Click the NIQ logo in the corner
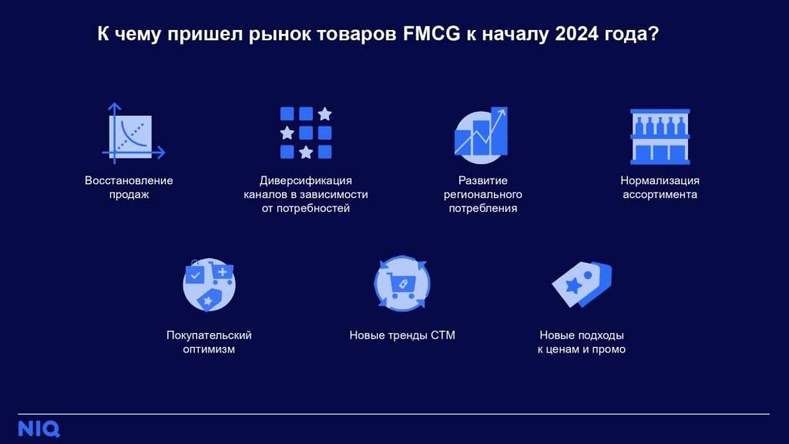click(x=39, y=429)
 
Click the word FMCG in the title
click(x=431, y=34)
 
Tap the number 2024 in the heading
click(x=576, y=34)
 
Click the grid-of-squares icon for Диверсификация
click(x=306, y=133)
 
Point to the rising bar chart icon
click(x=481, y=135)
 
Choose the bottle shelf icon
click(x=660, y=136)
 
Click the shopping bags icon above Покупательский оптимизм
click(x=209, y=285)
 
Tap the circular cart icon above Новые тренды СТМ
click(x=402, y=284)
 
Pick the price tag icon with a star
click(x=582, y=284)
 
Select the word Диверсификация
click(x=306, y=180)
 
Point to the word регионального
click(x=483, y=195)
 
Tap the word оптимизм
click(x=209, y=349)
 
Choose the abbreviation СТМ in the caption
click(x=443, y=335)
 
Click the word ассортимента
click(x=660, y=195)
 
